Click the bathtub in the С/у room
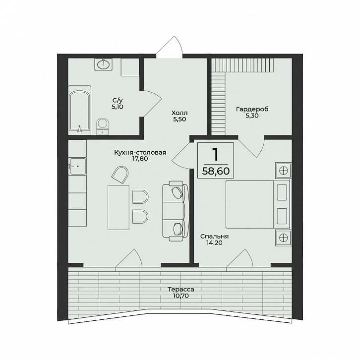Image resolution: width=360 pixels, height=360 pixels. [x=80, y=110]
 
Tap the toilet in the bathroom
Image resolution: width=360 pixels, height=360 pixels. [x=103, y=126]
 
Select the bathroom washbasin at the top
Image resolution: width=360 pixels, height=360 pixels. [x=104, y=64]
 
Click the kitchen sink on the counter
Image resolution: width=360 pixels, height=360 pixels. [x=77, y=166]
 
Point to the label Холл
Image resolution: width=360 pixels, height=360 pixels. [x=180, y=113]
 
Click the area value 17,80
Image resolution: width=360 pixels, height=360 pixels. [x=140, y=158]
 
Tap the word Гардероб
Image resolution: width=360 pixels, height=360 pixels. [x=252, y=109]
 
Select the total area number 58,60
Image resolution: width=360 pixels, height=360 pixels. [x=216, y=171]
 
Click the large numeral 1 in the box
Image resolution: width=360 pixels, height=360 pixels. [x=215, y=154]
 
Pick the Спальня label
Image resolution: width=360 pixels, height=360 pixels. [x=214, y=237]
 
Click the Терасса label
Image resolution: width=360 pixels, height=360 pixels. [x=180, y=290]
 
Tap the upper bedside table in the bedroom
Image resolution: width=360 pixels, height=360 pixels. [x=283, y=171]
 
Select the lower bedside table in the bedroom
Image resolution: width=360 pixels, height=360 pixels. [x=283, y=238]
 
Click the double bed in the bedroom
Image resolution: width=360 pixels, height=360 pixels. [x=257, y=204]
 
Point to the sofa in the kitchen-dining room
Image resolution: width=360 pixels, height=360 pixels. [x=176, y=211]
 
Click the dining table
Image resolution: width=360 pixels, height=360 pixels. [x=118, y=208]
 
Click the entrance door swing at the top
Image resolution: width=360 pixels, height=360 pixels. [x=170, y=47]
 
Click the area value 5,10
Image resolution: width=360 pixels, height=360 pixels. [x=118, y=107]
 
